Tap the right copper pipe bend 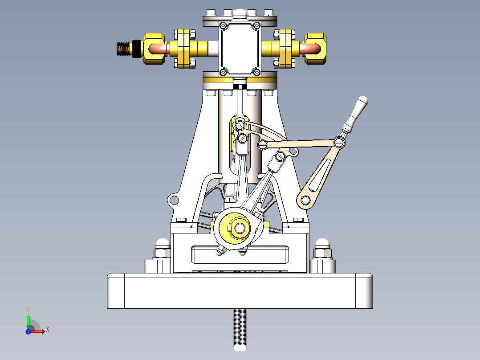point(311,47)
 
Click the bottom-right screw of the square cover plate point(256,72)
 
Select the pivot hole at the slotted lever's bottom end point(306,200)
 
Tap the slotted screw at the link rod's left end point(263,144)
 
